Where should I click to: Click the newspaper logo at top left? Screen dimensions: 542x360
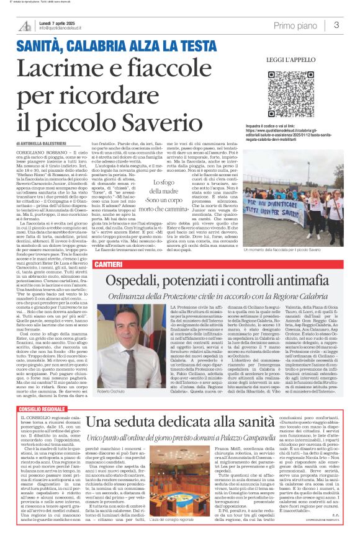pos(25,25)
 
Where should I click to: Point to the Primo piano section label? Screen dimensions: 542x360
pos(295,25)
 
